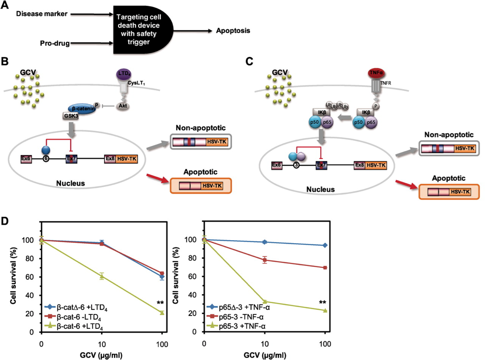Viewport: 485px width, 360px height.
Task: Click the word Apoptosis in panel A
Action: [x=233, y=31]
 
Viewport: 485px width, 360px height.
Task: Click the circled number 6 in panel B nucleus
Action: [x=46, y=159]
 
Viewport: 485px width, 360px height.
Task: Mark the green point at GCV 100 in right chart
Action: [x=324, y=310]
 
